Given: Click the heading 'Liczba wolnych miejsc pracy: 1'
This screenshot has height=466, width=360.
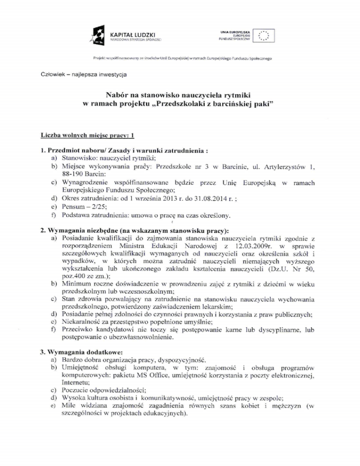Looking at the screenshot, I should tap(88, 136).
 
